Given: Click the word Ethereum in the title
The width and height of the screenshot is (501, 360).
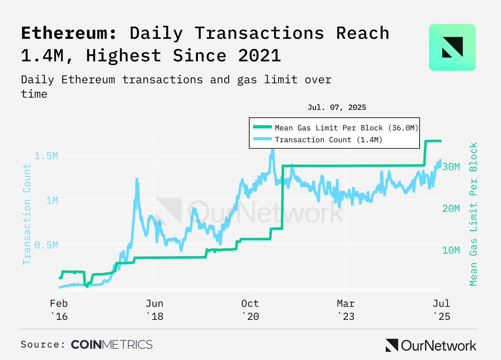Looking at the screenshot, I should point(69,33).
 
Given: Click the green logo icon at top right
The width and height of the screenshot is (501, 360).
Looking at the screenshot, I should point(452,47).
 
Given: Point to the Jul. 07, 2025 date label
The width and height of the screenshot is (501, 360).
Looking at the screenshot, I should point(337,107).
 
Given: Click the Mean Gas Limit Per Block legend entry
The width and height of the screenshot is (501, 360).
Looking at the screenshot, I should point(347,127).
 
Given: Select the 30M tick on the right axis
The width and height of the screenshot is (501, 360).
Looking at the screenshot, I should point(451,166).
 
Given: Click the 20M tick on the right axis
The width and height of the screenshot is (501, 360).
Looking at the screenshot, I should point(451,208).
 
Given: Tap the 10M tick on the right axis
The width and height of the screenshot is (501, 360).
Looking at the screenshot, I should point(451,250).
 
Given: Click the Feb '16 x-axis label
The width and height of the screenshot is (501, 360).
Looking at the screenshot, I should point(60,310).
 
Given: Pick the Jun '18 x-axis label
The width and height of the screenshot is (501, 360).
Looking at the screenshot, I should point(154,310).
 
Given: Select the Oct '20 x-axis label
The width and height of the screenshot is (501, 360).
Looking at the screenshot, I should point(250,310).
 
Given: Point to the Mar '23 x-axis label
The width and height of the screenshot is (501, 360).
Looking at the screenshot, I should point(345,310).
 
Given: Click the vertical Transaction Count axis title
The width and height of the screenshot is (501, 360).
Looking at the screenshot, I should point(27,214).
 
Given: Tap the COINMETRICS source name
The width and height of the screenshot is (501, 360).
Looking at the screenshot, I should point(111,345).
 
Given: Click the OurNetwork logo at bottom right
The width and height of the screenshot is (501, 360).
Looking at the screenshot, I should point(430,345).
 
